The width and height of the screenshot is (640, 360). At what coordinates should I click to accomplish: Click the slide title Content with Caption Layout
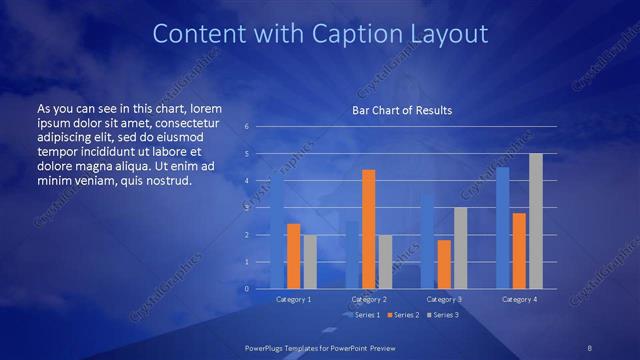[319, 34]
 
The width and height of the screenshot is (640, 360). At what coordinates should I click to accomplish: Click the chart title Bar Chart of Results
[402, 110]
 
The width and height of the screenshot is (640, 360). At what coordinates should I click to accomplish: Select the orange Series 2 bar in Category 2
[369, 229]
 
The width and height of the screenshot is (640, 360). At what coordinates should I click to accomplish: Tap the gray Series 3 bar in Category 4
[536, 221]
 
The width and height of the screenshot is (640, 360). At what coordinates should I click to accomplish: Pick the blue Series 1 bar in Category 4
[502, 228]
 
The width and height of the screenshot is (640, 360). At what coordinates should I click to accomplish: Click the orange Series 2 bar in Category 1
[293, 256]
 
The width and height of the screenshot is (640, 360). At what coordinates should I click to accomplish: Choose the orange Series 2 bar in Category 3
[444, 264]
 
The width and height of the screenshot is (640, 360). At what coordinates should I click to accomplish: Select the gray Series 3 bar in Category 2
[385, 262]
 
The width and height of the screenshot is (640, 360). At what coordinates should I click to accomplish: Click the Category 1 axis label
[293, 299]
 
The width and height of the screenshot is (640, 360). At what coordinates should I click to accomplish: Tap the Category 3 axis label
[444, 299]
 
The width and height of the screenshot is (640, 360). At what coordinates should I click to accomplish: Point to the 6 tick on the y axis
[247, 127]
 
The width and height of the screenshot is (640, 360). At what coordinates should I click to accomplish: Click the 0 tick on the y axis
[247, 289]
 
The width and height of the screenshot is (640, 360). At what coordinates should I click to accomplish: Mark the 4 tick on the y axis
[247, 181]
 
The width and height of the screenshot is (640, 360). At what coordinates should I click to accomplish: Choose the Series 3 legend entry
[443, 315]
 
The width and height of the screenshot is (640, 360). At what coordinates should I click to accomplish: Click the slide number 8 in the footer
[590, 346]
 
